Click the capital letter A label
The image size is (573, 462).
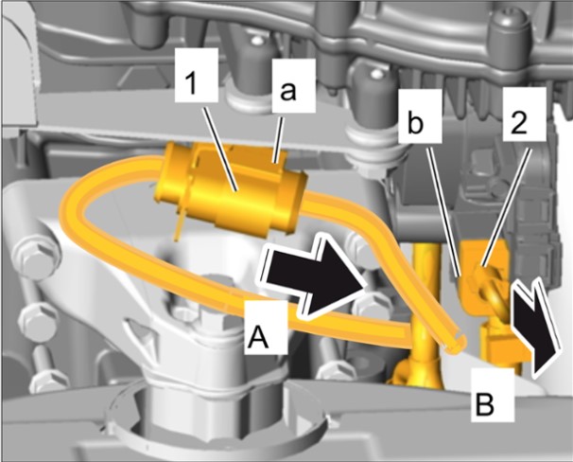[x=266, y=328]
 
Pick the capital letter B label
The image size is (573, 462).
[x=493, y=395]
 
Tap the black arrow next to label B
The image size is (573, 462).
[x=534, y=327]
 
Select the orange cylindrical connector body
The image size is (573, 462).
[x=231, y=190]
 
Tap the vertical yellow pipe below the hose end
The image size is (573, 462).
[x=425, y=314]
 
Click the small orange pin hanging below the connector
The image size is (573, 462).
[x=179, y=227]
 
